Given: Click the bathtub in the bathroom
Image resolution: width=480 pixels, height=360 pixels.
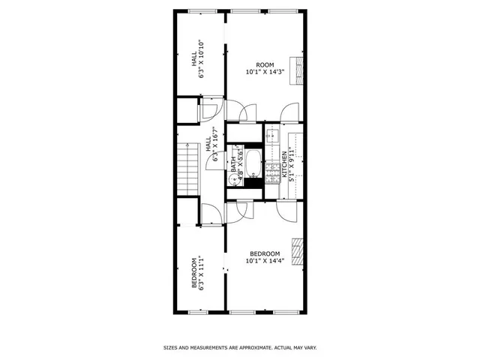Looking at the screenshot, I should [253, 161].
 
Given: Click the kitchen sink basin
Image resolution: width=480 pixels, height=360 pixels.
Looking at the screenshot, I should [272, 136].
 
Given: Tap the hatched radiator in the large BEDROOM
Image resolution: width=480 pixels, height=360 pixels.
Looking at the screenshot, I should [299, 251].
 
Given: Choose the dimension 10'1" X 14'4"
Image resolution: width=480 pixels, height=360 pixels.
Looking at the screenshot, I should [265, 262].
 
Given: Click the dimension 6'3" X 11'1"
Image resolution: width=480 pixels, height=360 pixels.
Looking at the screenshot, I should [202, 274].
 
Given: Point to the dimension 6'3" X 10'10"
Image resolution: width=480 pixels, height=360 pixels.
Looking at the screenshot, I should [202, 58].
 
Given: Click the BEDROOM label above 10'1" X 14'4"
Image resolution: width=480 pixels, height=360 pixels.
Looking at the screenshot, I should [265, 254].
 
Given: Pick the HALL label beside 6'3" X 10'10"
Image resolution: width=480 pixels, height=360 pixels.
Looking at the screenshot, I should [193, 58].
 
